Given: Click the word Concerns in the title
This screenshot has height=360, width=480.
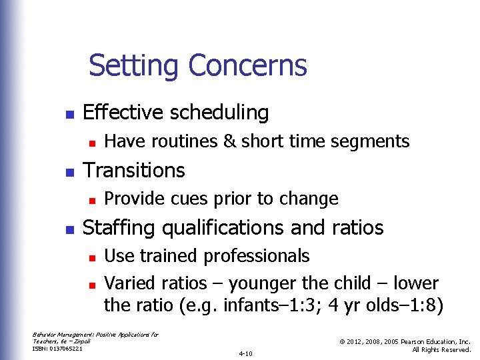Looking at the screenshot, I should pos(247,66).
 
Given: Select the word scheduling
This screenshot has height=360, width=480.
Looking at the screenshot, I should pos(219,113).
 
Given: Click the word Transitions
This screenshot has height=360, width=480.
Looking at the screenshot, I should pos(133,170).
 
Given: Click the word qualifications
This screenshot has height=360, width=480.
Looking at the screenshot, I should pos(231,228).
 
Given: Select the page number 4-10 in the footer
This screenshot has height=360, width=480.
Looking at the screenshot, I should pos(245,353).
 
